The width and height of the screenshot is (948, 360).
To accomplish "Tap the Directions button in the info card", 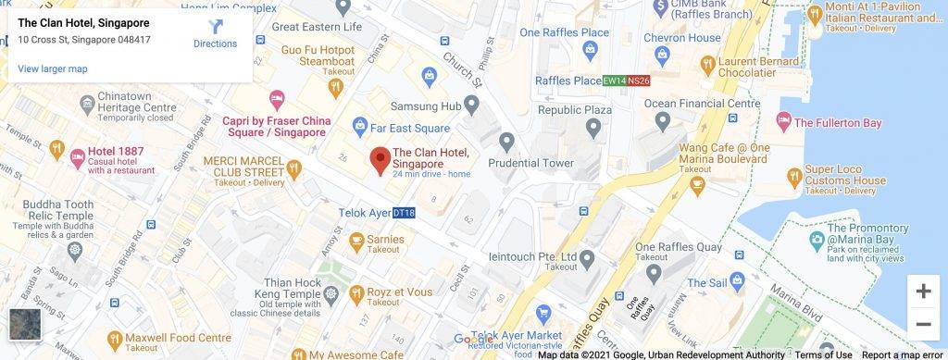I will [x=215, y=34].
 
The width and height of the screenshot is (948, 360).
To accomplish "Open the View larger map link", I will [x=52, y=68].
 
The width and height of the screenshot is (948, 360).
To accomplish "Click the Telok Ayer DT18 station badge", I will [x=405, y=213].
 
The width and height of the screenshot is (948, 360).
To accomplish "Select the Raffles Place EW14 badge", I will [x=613, y=81].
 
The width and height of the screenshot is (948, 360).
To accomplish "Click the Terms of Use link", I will [x=823, y=354].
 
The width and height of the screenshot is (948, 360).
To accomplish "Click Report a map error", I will [x=903, y=354].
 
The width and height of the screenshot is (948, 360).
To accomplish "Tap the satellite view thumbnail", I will [x=24, y=325].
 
